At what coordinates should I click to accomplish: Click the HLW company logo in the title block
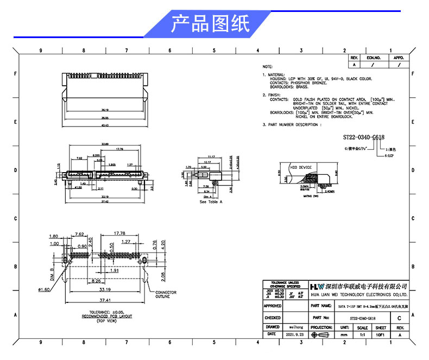tap(317, 286)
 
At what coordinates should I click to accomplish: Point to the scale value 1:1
tap(362, 335)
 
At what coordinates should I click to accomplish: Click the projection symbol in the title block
tap(321, 335)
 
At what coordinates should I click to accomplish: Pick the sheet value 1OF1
tap(381, 335)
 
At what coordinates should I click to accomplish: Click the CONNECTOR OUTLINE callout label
tap(166, 294)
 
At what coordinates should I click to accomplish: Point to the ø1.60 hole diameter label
tap(45, 289)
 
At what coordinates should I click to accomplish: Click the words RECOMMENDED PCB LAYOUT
tap(106, 317)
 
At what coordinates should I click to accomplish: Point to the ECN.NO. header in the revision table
tap(374, 56)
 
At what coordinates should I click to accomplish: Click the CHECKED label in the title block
tap(273, 318)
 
